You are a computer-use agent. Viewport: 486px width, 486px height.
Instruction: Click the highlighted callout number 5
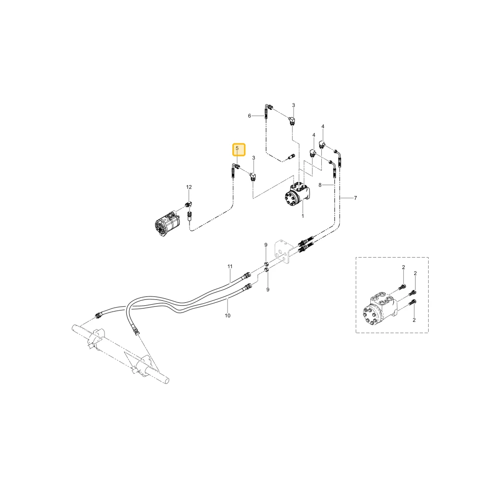click(237, 148)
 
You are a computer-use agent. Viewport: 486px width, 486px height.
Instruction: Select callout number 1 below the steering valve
click(303, 216)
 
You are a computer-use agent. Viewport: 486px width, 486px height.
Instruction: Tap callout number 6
click(249, 116)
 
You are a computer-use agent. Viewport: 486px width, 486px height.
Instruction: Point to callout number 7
click(356, 198)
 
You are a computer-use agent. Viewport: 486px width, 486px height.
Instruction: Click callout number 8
click(320, 185)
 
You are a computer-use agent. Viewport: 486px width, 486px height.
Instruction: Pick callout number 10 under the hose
click(228, 315)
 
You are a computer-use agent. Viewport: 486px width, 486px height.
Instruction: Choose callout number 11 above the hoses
click(230, 266)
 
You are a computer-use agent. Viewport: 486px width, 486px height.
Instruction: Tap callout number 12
click(189, 187)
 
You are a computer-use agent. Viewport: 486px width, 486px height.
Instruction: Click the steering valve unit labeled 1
click(297, 196)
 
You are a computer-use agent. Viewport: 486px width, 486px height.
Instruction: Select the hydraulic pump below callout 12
click(168, 223)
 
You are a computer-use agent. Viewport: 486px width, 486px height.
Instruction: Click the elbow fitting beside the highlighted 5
click(253, 177)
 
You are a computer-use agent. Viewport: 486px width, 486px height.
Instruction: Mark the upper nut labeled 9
click(266, 264)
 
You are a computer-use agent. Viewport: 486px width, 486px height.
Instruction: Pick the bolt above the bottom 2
click(413, 302)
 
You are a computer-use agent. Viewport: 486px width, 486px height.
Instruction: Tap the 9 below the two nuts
click(268, 290)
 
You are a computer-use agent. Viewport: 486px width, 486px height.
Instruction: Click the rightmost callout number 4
click(323, 126)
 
